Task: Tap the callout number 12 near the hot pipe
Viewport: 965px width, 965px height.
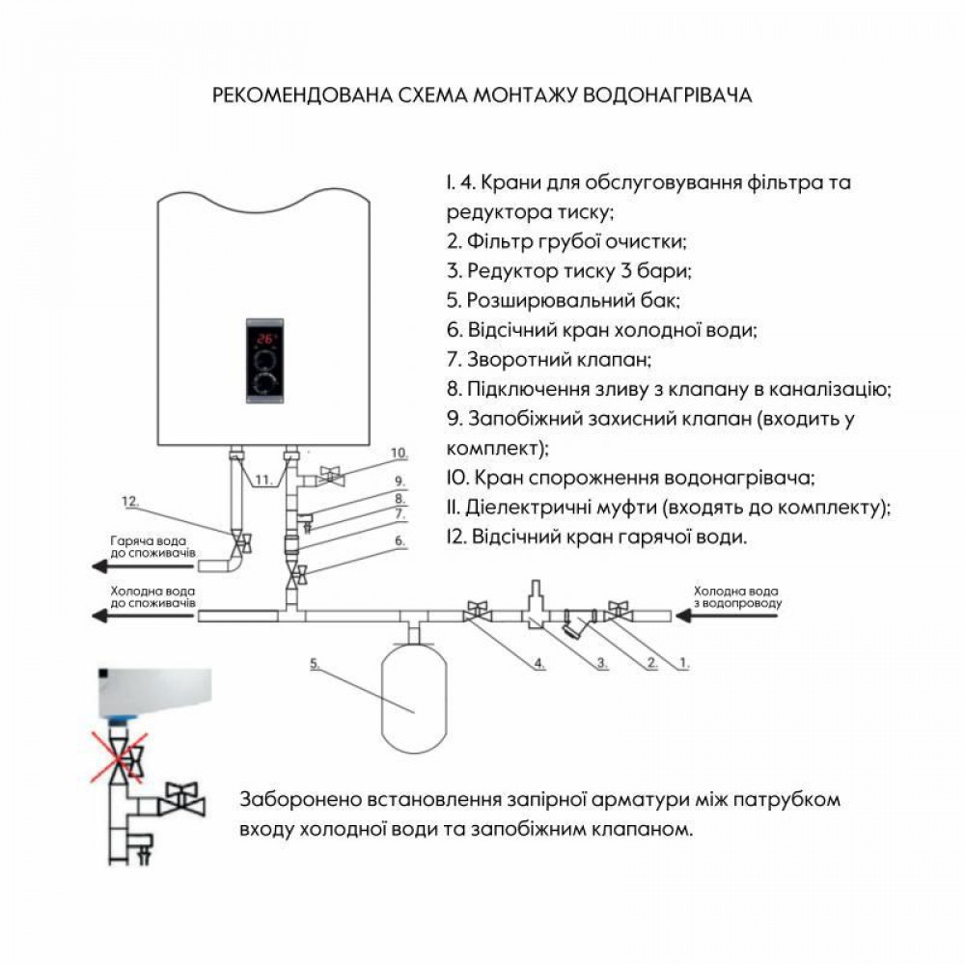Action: [131, 502]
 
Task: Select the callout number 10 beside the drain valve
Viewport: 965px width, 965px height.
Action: [399, 453]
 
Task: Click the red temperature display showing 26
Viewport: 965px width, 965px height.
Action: [265, 339]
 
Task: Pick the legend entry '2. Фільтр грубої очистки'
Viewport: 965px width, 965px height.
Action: [566, 240]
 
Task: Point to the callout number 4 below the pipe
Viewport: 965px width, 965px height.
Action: [539, 664]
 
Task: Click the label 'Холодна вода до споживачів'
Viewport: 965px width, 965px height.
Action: [152, 595]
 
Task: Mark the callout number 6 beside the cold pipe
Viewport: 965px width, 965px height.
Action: [399, 542]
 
